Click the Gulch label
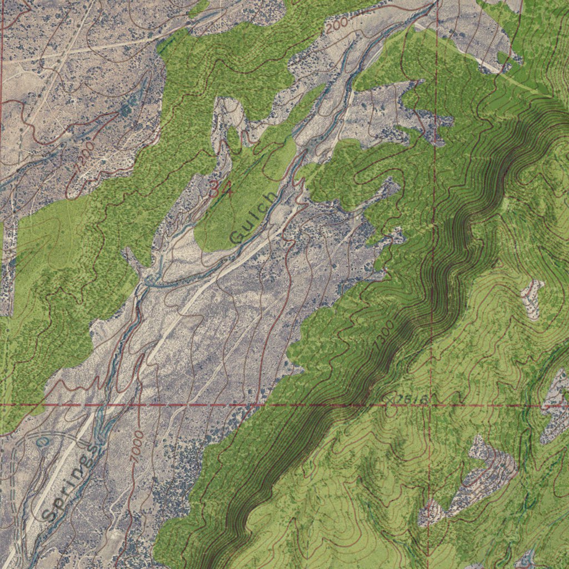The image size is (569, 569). coord(253,218)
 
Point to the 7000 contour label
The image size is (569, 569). coord(137,447)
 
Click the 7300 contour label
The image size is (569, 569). coord(383,335)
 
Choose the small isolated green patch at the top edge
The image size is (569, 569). coord(199,8)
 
